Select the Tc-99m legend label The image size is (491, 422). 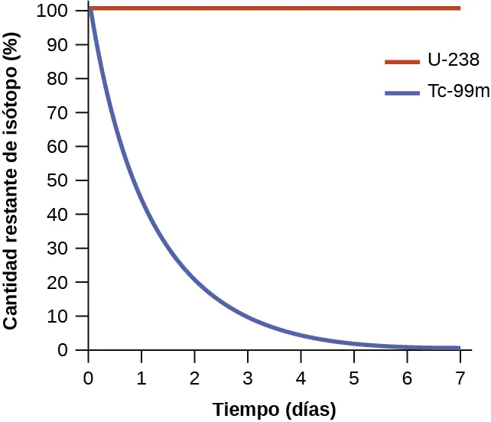click(x=457, y=93)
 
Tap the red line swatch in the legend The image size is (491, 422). click(x=402, y=61)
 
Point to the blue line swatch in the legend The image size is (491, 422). click(x=402, y=93)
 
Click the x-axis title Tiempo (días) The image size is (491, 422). click(x=274, y=409)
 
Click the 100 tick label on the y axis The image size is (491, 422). click(x=66, y=11)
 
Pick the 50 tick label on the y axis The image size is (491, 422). click(x=70, y=180)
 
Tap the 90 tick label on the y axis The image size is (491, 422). click(x=70, y=45)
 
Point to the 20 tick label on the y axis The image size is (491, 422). click(x=70, y=282)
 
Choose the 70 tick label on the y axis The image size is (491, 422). click(x=70, y=113)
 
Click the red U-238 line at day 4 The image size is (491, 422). click(x=301, y=8)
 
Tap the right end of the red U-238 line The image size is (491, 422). click(x=459, y=8)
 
